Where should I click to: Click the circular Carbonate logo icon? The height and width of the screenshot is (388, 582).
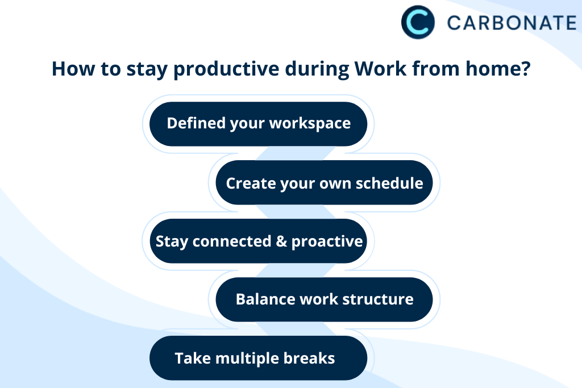418,22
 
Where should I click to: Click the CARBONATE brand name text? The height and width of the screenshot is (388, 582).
512,23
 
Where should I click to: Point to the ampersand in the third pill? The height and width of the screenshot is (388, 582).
281,241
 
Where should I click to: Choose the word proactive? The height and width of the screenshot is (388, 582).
327,241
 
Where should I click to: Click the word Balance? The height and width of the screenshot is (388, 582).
264,299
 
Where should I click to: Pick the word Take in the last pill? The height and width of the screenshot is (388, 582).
189,358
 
